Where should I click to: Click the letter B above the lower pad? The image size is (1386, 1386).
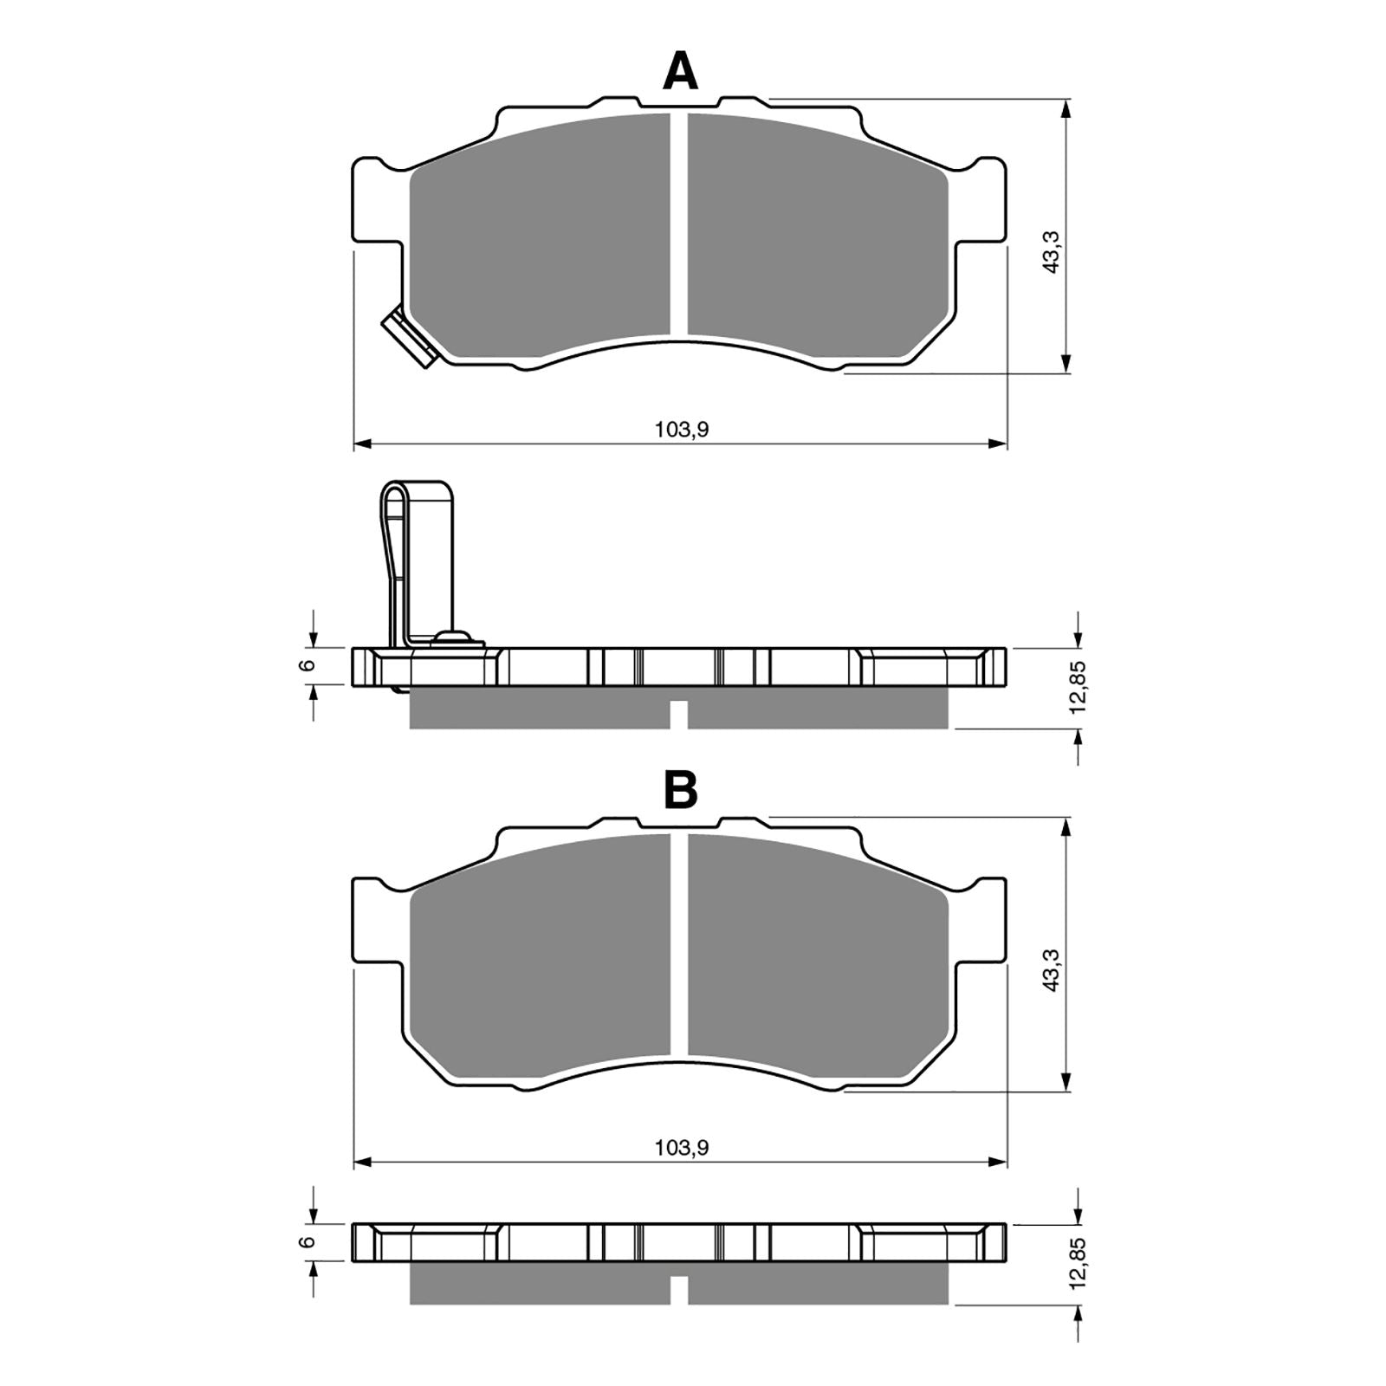pyautogui.click(x=680, y=789)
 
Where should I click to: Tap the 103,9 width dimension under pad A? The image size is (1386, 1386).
pyautogui.click(x=682, y=429)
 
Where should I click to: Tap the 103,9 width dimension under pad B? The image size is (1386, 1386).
pyautogui.click(x=682, y=1148)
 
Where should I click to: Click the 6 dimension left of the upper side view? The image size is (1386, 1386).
pyautogui.click(x=305, y=665)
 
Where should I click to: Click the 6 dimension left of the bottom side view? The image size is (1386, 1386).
pyautogui.click(x=305, y=1241)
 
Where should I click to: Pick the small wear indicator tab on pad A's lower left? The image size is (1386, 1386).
pyautogui.click(x=406, y=338)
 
